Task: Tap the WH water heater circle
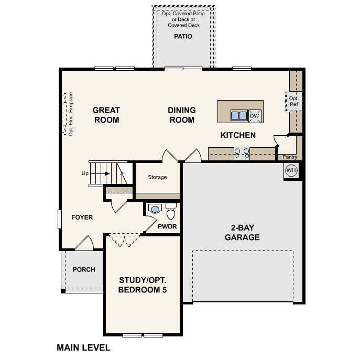(x=291, y=170)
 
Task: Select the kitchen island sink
(x=239, y=115)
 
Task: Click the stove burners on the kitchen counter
(x=242, y=153)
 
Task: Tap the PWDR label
(x=167, y=227)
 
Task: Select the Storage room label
(x=157, y=177)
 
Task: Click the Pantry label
(x=290, y=157)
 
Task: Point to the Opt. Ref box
(x=293, y=101)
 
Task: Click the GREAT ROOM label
(x=106, y=115)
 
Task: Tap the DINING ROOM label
(x=182, y=115)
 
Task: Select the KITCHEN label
(x=238, y=135)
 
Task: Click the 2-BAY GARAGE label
(x=242, y=233)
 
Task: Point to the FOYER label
(x=82, y=217)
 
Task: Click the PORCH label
(x=84, y=270)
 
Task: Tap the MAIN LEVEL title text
(x=83, y=347)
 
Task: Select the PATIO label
(x=183, y=37)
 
